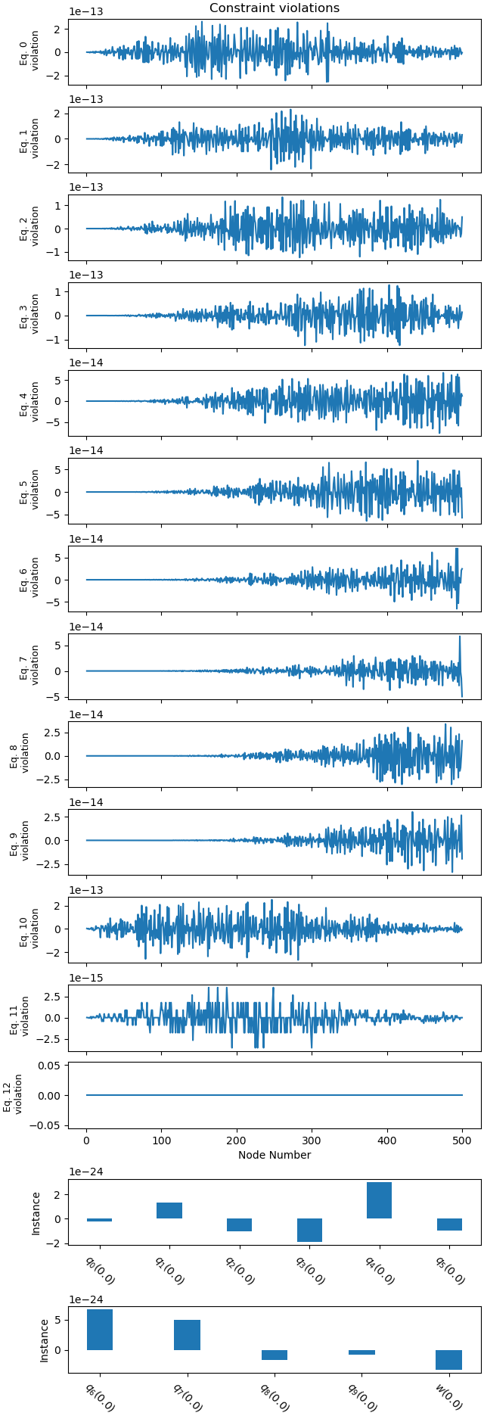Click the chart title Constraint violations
click(x=275, y=8)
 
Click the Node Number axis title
click(x=275, y=1155)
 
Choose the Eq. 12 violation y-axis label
click(x=12, y=1094)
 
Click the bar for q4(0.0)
click(x=379, y=1200)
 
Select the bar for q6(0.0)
click(x=100, y=1329)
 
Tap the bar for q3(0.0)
click(x=309, y=1230)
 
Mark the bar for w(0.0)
click(x=448, y=1359)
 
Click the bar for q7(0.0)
click(x=187, y=1335)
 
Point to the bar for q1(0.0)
click(x=169, y=1210)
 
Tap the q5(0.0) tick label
click(x=449, y=1268)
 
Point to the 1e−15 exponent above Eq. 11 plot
click(x=86, y=978)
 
